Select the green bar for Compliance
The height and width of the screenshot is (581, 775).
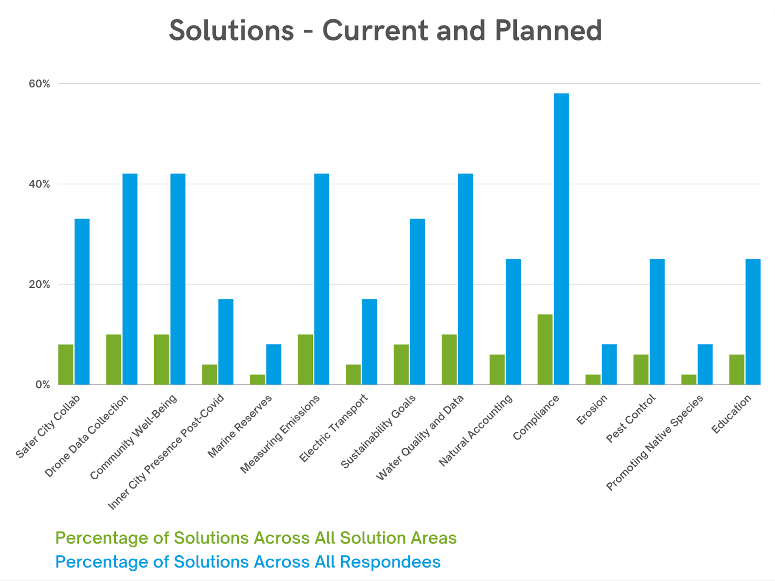(x=545, y=349)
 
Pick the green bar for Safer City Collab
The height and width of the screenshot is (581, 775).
(x=66, y=364)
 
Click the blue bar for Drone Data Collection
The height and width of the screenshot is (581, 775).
(x=130, y=279)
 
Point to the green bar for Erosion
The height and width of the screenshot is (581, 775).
(x=593, y=379)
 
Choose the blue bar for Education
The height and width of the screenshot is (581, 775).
(x=753, y=322)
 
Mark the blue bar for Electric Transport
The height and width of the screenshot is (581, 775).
(x=370, y=342)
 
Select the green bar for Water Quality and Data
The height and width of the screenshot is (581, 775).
(x=449, y=360)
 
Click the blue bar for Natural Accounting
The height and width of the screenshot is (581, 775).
(x=513, y=322)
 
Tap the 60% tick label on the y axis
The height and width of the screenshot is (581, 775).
(x=39, y=84)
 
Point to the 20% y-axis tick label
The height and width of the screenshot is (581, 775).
(x=39, y=284)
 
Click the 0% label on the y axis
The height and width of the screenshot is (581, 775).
(x=43, y=385)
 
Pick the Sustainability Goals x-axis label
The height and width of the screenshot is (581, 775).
(x=378, y=432)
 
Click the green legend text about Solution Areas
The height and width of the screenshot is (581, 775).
(x=256, y=538)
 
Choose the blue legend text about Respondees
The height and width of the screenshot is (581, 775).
(x=248, y=562)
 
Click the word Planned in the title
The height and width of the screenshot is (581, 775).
(x=548, y=31)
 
